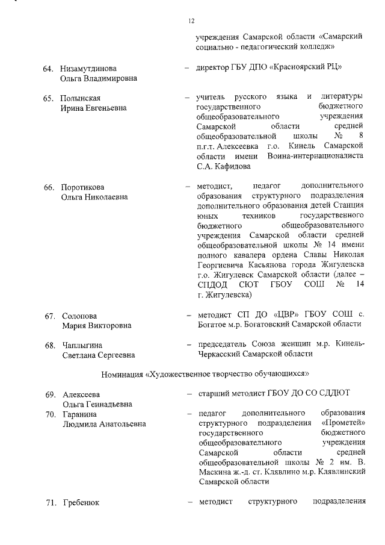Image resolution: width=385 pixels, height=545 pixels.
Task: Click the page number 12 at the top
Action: point(191,21)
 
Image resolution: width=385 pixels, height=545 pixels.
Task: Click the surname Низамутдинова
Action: point(88,68)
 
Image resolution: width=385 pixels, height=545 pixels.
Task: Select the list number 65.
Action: point(49,98)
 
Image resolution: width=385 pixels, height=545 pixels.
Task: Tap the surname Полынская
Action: point(80,98)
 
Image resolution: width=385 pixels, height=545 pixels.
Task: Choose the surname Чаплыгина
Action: point(82,345)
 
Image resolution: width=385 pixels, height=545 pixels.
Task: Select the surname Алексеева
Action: point(81,394)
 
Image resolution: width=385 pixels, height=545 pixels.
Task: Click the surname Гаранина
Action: point(79,414)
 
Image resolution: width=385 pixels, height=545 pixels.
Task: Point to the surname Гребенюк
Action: point(81,502)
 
